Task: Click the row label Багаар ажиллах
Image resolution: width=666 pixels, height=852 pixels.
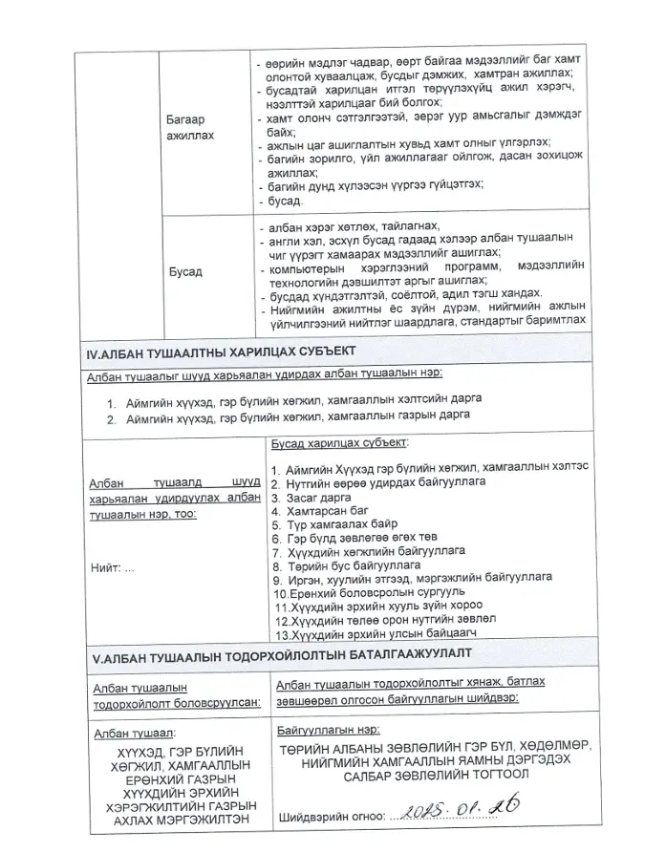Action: pos(190,128)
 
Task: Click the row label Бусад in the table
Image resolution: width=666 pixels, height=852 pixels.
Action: pos(185,271)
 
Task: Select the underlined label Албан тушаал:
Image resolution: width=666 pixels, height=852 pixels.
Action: pos(133,733)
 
